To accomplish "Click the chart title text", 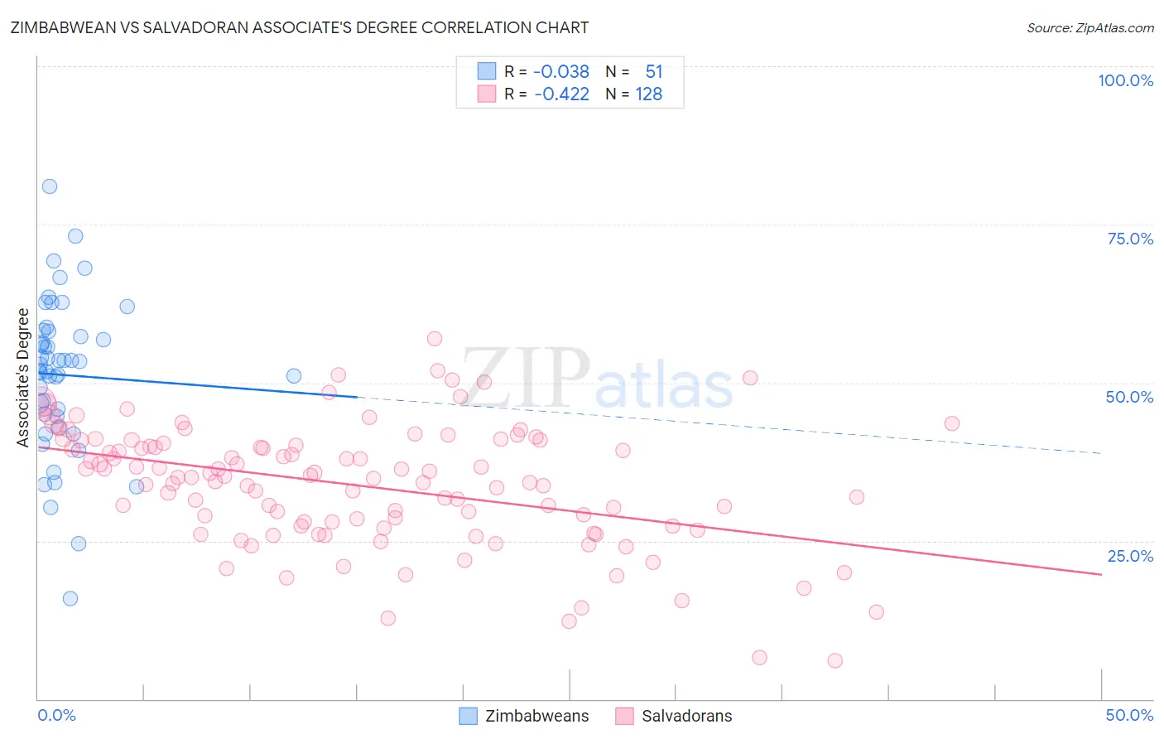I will point(299,27).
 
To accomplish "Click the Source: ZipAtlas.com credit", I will point(1089,27).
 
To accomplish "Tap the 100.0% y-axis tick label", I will point(1125,80).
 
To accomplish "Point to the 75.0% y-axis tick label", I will point(1130,239).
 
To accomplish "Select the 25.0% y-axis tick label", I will point(1130,556).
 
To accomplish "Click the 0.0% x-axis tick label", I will point(56,715).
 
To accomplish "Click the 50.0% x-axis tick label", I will point(1129,715).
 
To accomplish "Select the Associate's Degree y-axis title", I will point(23,377).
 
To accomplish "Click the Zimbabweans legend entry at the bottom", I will point(525,716).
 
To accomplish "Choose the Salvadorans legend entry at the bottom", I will point(675,716).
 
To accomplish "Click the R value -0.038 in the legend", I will point(560,71).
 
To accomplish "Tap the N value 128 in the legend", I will point(648,94).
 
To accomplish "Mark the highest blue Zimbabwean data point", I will point(50,186).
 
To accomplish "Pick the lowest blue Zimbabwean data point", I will point(70,598).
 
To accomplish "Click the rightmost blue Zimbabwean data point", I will point(294,376).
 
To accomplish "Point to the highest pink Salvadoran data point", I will point(435,339).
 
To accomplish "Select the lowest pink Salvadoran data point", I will point(835,660).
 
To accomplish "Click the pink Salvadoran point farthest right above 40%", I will point(952,423).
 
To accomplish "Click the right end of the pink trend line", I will point(1101,574).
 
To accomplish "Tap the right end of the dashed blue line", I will point(1101,453).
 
